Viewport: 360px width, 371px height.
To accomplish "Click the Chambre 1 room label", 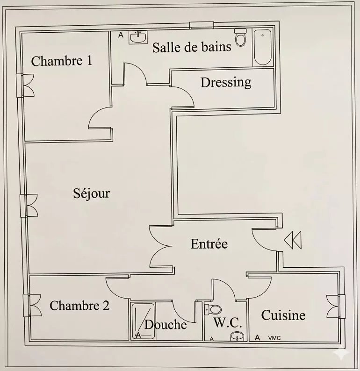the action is (62, 61).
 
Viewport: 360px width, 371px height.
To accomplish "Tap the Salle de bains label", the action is (192, 47).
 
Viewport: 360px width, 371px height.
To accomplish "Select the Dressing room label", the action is (226, 83).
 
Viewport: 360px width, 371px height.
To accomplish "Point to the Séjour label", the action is (91, 194).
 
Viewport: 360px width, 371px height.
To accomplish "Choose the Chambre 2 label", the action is (79, 305).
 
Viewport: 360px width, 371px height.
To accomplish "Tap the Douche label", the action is (166, 324).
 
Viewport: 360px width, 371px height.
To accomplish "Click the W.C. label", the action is (228, 322).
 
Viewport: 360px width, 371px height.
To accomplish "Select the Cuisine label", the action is (283, 315).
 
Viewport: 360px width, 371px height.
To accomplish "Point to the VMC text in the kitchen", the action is (274, 338).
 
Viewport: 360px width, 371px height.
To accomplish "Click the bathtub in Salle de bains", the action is (262, 47).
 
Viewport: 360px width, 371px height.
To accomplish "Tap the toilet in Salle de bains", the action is (240, 37).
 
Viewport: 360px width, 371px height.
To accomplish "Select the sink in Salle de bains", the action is (138, 37).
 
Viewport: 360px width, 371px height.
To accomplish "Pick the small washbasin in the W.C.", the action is (237, 336).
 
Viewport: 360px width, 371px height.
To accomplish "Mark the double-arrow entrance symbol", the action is (293, 240).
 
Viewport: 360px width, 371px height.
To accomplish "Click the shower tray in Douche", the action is (143, 321).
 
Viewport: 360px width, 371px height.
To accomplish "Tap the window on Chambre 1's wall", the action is (25, 85).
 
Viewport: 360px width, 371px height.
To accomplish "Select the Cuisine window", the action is (336, 307).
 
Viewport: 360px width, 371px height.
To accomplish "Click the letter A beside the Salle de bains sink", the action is (121, 35).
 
